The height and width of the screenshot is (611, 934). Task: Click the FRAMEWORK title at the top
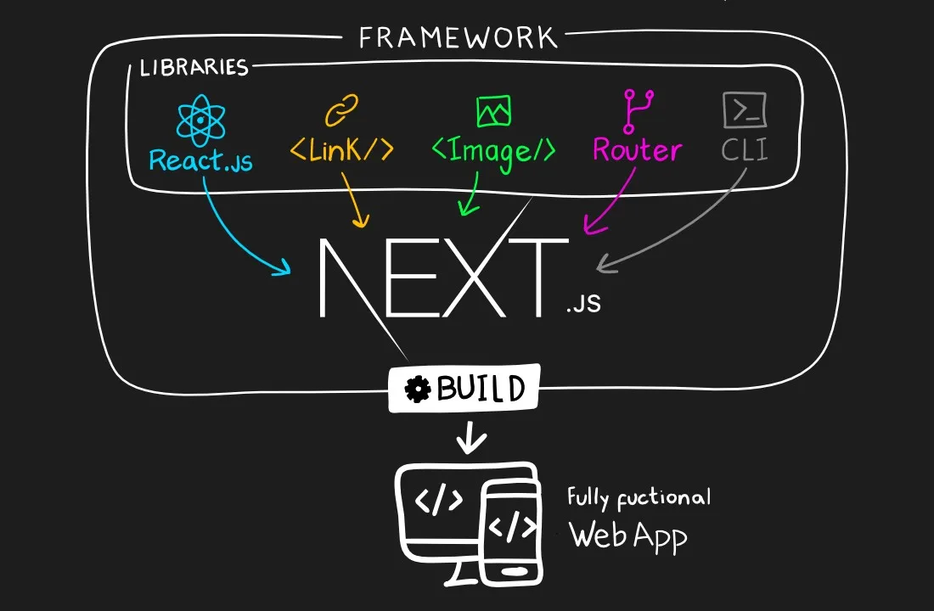[x=458, y=38]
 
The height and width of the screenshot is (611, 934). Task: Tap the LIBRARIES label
[x=194, y=67]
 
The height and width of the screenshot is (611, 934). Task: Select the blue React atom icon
[x=200, y=120]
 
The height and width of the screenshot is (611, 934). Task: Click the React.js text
[x=200, y=159]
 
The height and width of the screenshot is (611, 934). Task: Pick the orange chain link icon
[x=342, y=111]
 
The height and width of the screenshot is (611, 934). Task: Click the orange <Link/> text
[x=342, y=150]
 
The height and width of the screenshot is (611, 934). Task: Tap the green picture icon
[x=493, y=111]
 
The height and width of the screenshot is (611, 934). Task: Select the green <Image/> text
[x=493, y=150]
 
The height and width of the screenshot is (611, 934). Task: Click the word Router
[x=637, y=150]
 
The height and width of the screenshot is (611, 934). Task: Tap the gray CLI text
[x=745, y=150]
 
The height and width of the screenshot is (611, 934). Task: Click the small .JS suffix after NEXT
[x=583, y=303]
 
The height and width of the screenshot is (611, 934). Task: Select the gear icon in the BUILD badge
[x=418, y=390]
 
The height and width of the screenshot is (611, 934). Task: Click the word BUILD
[x=481, y=390]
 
